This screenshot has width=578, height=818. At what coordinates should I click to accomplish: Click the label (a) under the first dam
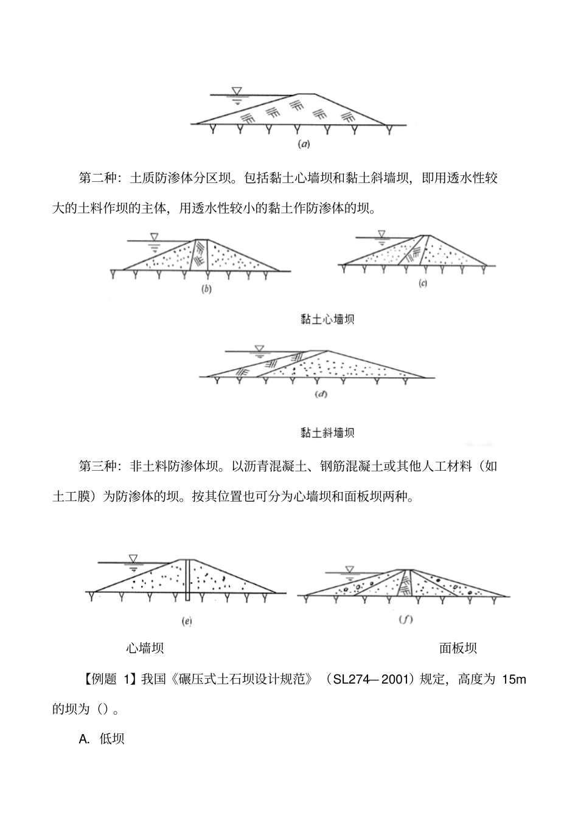coord(303,144)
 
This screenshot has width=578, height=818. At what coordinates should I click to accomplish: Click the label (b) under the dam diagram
coord(206,289)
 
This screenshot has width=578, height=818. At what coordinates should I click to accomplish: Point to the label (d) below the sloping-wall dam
coord(321,395)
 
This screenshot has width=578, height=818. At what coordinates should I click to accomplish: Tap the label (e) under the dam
coord(187,621)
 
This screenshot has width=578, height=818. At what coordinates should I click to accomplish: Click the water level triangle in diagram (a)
coord(237,91)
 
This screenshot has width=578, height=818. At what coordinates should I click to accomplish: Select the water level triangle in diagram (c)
coord(381,233)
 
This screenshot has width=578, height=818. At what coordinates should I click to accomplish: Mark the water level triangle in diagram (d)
coord(260,348)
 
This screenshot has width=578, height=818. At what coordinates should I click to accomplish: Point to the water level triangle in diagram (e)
coord(133,558)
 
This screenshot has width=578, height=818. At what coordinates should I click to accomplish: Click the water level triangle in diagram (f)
coord(349,569)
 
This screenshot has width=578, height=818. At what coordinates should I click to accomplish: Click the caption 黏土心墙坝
coord(327,319)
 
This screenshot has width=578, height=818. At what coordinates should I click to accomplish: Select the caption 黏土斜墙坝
coord(327,432)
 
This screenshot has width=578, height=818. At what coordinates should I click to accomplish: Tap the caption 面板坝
coord(458,648)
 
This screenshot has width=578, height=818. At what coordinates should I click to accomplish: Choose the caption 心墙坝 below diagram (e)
coord(145,648)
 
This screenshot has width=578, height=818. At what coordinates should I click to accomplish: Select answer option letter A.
coord(85,739)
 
